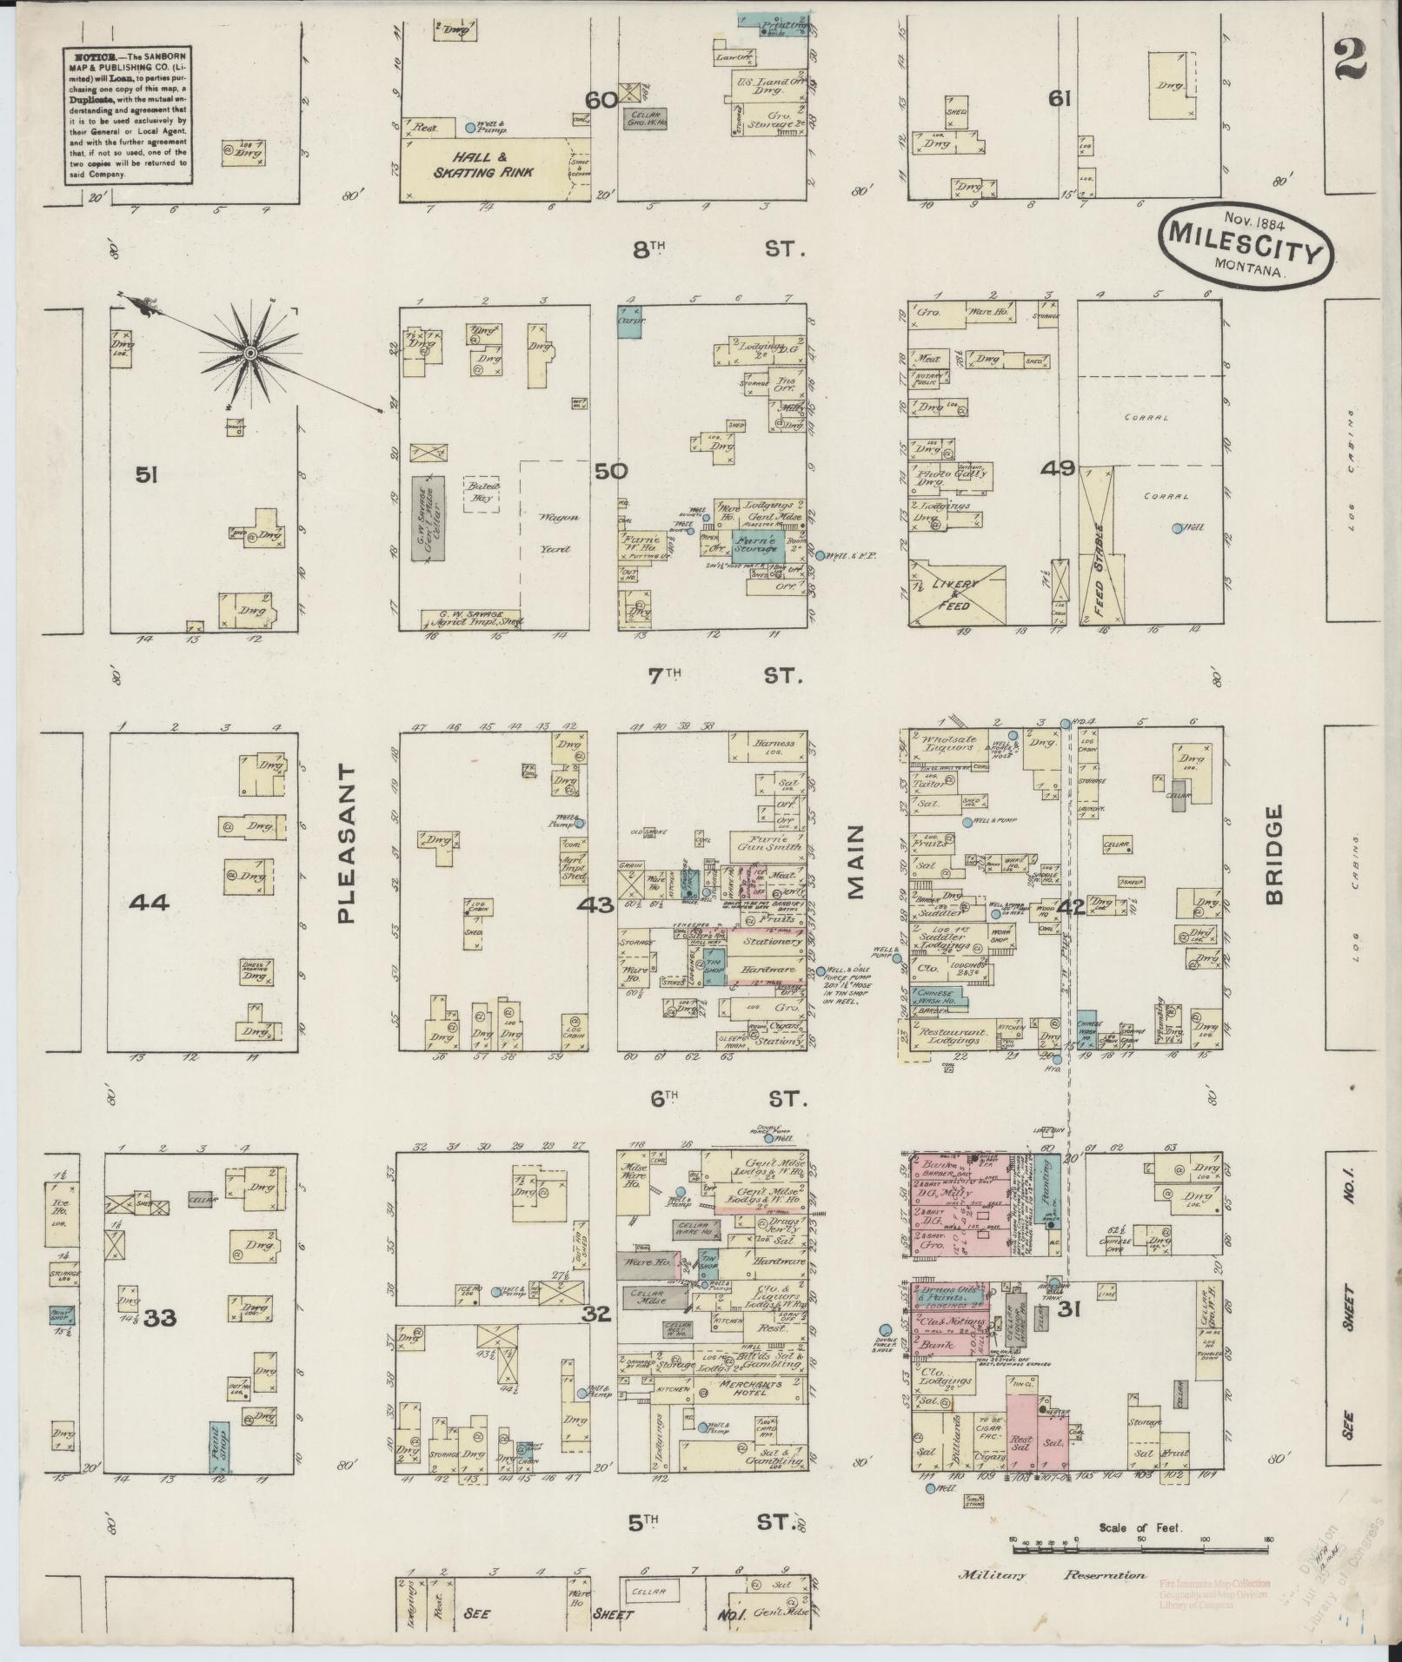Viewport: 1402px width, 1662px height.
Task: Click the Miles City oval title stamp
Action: point(1246,242)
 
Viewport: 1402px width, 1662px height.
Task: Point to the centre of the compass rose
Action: point(249,353)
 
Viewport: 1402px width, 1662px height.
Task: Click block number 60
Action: point(601,100)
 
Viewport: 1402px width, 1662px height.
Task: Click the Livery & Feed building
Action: point(956,594)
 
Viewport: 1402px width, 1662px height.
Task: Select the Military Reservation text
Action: point(1052,1600)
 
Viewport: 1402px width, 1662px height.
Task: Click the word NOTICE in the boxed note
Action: point(90,56)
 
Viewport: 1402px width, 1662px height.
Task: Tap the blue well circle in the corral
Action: point(1177,528)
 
